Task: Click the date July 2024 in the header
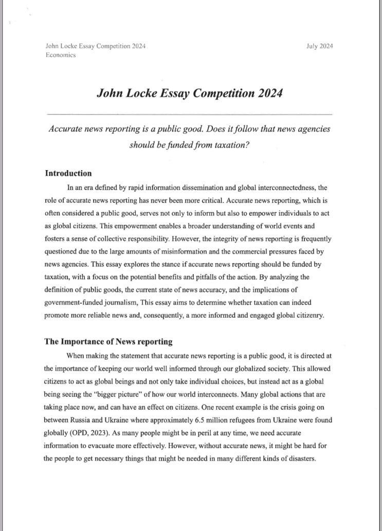[x=319, y=46]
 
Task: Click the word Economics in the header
[x=61, y=55]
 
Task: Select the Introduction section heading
[x=68, y=173]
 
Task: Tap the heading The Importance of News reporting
[x=108, y=341]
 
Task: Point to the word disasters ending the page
[x=300, y=459]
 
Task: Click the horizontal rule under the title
[x=189, y=113]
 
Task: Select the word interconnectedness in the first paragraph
[x=281, y=188]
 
